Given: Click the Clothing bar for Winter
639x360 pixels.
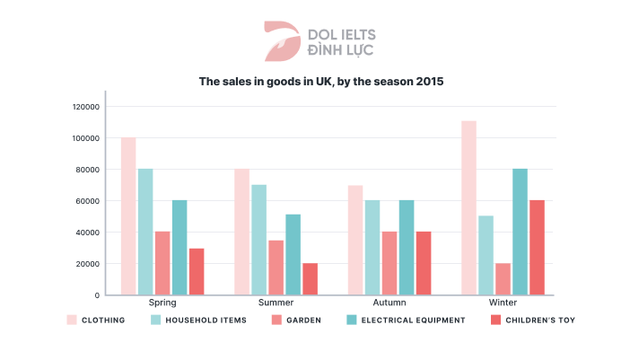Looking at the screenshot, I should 468,207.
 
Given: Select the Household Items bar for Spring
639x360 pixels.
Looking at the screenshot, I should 145,232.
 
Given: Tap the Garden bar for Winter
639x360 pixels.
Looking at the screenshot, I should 503,278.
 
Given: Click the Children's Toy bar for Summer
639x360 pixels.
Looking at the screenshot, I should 310,278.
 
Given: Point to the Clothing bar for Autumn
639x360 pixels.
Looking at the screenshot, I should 355,240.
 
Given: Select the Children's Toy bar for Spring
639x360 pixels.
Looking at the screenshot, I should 197,271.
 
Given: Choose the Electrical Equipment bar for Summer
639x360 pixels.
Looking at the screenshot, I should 293,254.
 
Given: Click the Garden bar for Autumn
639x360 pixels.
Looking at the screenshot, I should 390,263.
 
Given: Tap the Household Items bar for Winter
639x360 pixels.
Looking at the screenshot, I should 486,255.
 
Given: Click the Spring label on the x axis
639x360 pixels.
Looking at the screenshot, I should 162,303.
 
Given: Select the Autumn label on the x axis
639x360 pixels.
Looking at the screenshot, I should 390,303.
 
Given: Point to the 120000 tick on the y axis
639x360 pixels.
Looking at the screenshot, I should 86,107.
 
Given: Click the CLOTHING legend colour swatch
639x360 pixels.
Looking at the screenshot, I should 72,320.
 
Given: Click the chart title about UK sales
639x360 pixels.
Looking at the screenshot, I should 320,81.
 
